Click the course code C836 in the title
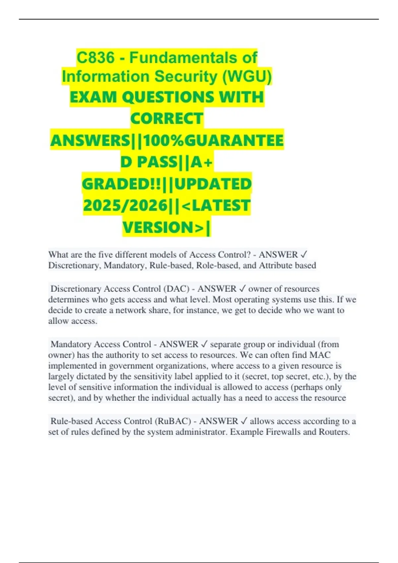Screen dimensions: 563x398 (x=96, y=58)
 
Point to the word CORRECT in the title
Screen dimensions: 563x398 (x=166, y=119)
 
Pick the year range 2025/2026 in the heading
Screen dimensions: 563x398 (x=125, y=206)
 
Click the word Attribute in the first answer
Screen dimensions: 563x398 (x=278, y=265)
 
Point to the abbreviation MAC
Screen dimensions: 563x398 (x=320, y=355)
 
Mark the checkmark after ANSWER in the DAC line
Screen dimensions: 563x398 (x=242, y=289)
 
